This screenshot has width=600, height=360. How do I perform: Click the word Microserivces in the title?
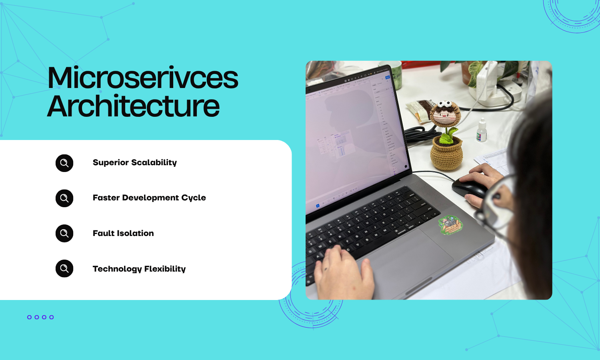(142, 78)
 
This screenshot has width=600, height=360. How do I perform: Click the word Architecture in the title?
(133, 106)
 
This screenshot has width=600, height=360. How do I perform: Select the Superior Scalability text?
(134, 162)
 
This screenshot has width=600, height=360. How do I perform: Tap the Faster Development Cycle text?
(149, 198)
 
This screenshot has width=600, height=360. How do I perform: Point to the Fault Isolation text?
(123, 233)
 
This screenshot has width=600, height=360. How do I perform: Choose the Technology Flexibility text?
(139, 269)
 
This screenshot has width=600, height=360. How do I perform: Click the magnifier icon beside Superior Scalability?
(64, 163)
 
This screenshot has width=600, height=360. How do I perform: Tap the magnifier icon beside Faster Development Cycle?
(64, 198)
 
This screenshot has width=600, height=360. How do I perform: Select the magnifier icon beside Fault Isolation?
(64, 233)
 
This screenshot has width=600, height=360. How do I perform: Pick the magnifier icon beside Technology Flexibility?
(64, 268)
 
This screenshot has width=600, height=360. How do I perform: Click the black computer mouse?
(469, 187)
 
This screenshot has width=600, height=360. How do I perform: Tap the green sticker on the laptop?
(450, 224)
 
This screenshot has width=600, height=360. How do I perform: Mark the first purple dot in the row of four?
(29, 317)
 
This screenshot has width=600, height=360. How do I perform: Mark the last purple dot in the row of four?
(52, 317)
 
